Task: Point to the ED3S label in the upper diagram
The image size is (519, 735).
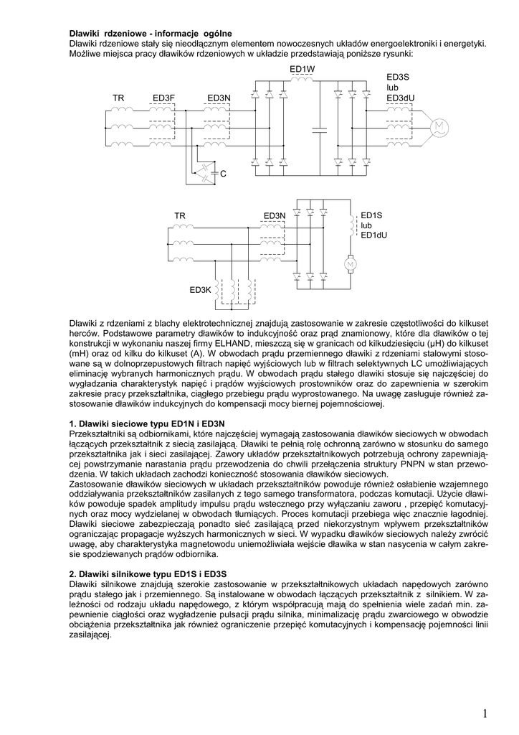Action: coord(398,77)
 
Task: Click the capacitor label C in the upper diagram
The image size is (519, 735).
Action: coord(223,174)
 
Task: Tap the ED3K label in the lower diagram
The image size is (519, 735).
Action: coord(200,290)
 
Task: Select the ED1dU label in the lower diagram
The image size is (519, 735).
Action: coord(373,235)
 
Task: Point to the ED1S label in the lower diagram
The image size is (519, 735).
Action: coord(371,215)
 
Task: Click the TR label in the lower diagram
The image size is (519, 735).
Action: coord(179,215)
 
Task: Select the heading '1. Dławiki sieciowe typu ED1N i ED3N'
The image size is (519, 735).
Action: coord(147,424)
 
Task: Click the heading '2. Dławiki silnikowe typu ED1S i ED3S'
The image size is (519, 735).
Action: coord(148,574)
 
